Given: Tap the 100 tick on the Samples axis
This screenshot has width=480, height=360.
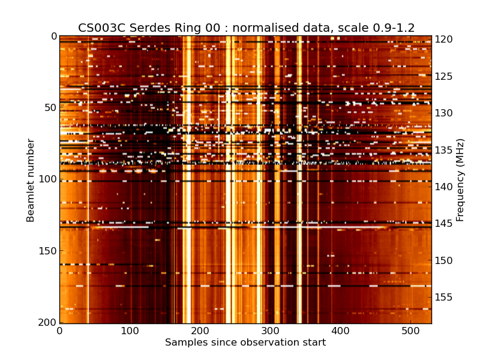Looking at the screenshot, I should (x=130, y=331).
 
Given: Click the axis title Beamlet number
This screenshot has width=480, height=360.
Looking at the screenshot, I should (x=31, y=180).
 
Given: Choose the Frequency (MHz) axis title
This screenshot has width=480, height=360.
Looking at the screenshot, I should (x=460, y=180).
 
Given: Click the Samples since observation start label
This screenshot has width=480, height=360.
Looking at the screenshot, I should (x=245, y=343).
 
